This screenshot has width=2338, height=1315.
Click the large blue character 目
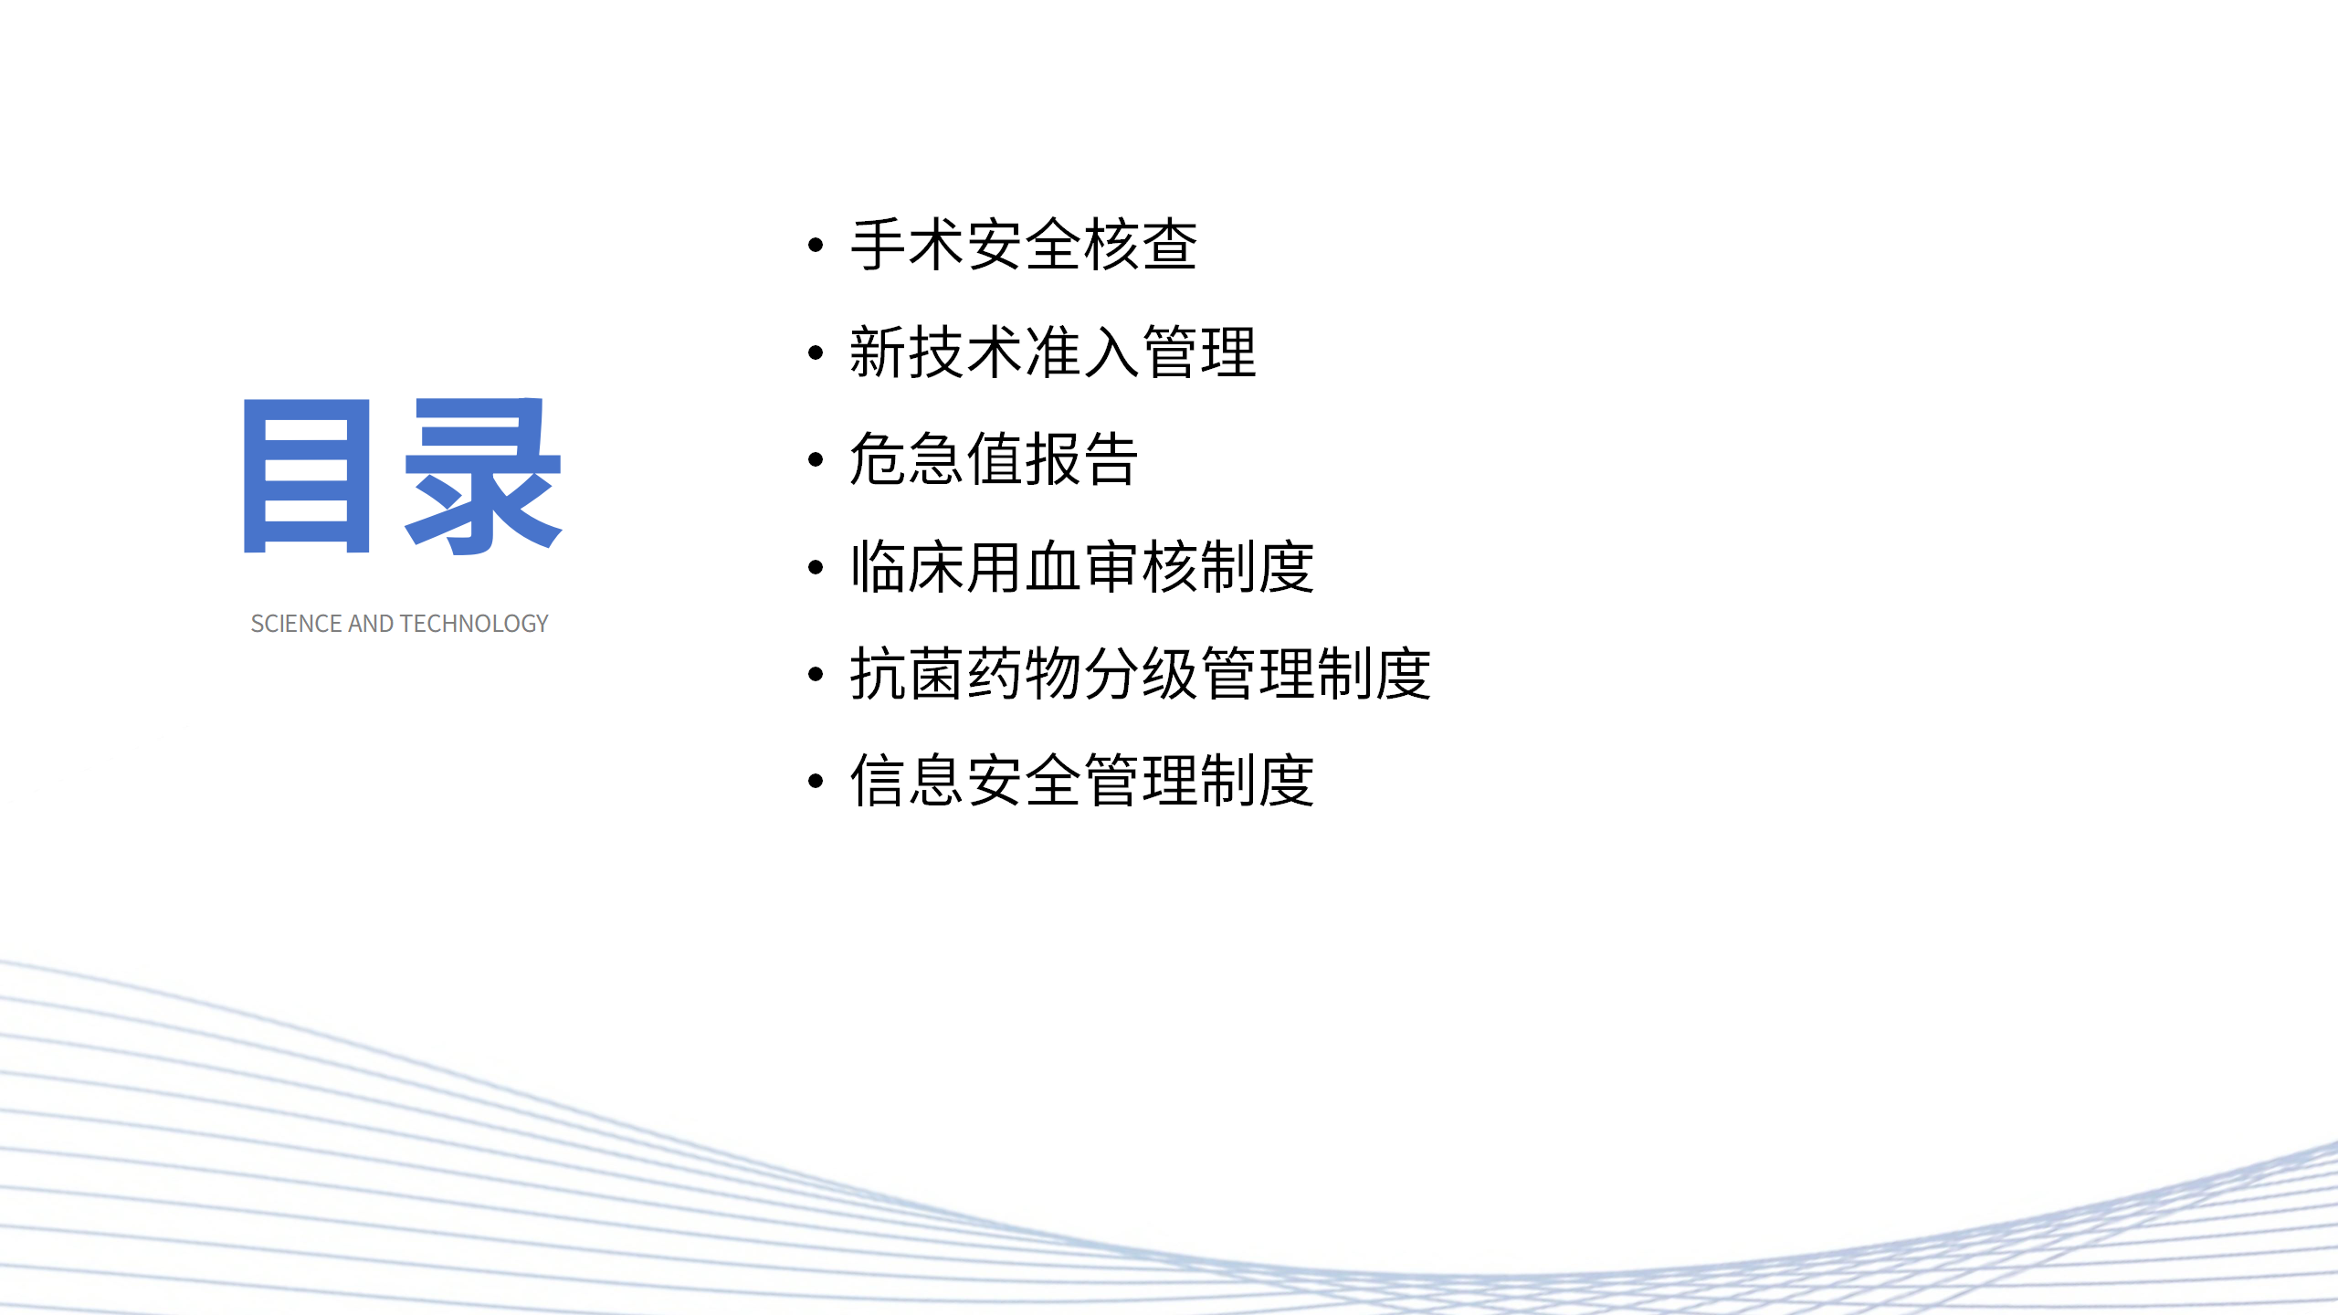coord(306,476)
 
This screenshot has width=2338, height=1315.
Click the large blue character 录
coord(483,476)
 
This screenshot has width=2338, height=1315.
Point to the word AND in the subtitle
coord(371,624)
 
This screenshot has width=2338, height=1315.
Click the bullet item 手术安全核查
coord(1023,245)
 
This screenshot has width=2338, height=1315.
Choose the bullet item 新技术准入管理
coord(1052,352)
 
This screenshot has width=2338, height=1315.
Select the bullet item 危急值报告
coord(994,459)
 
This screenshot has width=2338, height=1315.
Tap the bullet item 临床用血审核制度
coord(1081,567)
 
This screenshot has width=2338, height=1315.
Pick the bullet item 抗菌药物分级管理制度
coord(1140,674)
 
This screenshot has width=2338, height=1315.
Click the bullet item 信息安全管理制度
coord(1081,781)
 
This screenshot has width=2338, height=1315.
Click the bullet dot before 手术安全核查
coord(816,245)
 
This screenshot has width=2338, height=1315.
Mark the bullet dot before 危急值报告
coord(816,459)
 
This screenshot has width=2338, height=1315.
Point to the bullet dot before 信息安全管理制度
coord(816,781)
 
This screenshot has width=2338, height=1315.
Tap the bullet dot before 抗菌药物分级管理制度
coord(816,674)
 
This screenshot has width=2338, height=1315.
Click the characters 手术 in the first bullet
coord(907,245)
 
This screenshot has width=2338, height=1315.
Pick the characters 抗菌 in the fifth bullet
coord(907,674)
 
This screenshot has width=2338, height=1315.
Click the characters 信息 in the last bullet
coord(907,781)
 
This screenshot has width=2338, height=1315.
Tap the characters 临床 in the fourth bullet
coord(907,567)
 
